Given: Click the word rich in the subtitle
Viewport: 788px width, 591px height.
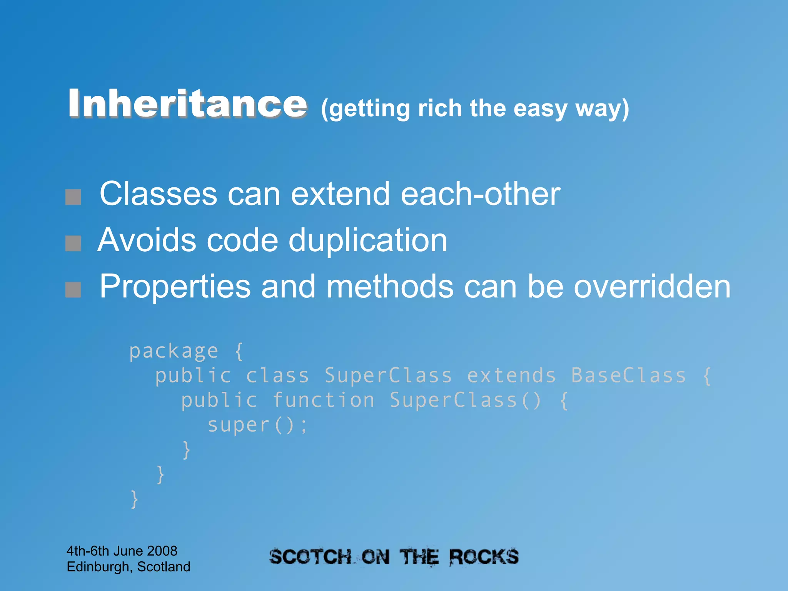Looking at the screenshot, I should click(440, 109).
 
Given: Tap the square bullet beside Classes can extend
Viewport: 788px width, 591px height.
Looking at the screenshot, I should click(73, 197).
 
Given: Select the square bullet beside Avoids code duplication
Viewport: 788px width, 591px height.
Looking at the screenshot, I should click(73, 243).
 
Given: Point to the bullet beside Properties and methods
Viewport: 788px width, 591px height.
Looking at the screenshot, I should click(73, 289).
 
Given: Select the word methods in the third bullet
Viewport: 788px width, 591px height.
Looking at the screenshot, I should click(390, 287).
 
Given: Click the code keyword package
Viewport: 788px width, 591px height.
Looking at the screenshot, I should click(174, 351).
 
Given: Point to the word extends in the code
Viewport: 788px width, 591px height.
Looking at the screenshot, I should click(511, 376).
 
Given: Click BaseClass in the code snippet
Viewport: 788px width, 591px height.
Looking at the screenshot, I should click(628, 376).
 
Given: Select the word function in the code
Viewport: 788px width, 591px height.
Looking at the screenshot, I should click(324, 400).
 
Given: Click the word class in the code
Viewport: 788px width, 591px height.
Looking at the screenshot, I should click(277, 376).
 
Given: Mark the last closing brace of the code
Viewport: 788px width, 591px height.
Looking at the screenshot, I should click(134, 499).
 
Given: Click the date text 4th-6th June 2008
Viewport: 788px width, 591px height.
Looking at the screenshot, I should click(122, 551).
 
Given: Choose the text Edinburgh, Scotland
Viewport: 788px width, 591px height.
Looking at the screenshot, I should click(129, 567).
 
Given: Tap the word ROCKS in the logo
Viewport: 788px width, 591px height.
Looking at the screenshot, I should click(484, 557).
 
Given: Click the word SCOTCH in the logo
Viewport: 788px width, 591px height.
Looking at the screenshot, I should click(311, 557).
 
